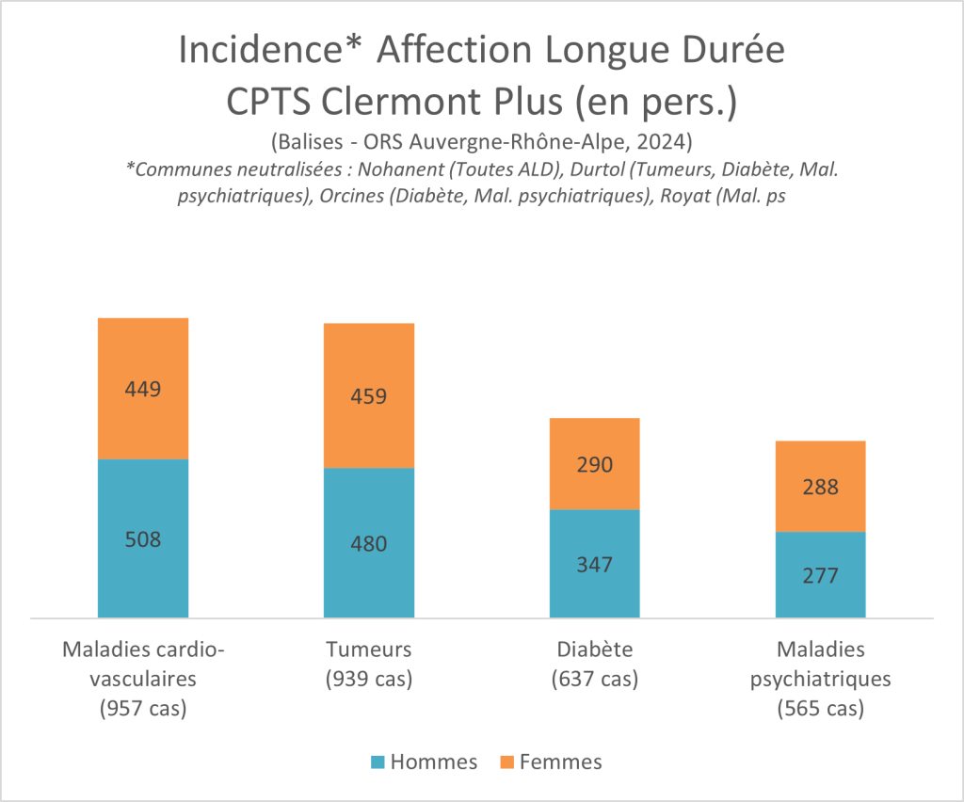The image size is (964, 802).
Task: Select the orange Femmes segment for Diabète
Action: pos(594,442)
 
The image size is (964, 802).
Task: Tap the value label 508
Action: pos(143,539)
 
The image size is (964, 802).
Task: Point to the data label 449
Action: pos(143,389)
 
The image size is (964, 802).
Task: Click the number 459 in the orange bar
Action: pos(369,395)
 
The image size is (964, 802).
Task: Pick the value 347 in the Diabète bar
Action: pos(594,565)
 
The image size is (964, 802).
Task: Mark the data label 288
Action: pos(820,488)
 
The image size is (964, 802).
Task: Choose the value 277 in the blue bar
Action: pos(820,575)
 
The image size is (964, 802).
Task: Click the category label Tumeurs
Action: pos(369,650)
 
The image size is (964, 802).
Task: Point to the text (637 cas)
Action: pos(594,679)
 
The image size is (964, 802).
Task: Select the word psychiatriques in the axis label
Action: pos(820,679)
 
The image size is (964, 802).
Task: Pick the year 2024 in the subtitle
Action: pos(666,142)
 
